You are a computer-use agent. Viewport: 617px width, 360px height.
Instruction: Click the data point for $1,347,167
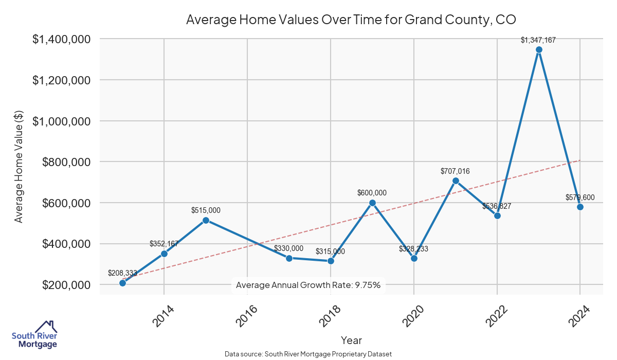pos(539,50)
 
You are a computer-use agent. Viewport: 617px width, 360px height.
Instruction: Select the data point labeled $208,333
pos(122,283)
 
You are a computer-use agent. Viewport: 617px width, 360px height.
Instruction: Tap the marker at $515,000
pos(206,220)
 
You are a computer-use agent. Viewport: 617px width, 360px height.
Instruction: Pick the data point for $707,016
pos(456,181)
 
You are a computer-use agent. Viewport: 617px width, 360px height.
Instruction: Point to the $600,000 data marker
pos(372,203)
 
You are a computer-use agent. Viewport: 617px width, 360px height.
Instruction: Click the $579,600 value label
pos(579,197)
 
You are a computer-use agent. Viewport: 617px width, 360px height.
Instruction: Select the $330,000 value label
pos(288,248)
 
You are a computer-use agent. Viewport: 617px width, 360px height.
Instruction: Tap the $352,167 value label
pos(164,244)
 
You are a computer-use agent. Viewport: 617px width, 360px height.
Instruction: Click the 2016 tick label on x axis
pos(247,317)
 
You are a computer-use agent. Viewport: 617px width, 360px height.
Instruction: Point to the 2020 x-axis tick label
pos(413,317)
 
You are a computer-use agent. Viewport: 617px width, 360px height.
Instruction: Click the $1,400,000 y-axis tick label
pos(62,39)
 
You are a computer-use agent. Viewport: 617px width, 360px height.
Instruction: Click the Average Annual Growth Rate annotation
pos(308,285)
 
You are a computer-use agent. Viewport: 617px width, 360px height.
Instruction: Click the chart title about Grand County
pos(351,20)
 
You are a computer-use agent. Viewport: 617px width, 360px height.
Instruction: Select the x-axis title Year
pos(351,340)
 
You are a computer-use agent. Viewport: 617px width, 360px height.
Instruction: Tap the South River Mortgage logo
pos(34,335)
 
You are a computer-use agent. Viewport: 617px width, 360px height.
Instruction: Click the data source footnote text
pos(308,354)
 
